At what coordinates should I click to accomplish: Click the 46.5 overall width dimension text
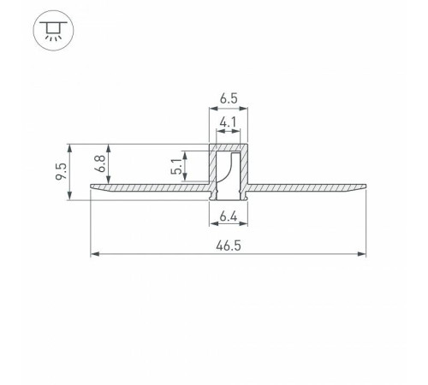click(x=229, y=246)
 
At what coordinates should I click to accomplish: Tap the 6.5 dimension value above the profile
click(x=229, y=98)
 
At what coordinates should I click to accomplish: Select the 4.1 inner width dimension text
click(x=229, y=122)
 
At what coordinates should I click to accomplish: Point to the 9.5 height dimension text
click(x=61, y=171)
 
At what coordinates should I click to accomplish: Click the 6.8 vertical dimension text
click(x=100, y=163)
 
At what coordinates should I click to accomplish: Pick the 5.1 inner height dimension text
click(x=176, y=166)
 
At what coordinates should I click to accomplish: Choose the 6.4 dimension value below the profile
click(x=229, y=217)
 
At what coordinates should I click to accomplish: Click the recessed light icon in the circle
click(x=53, y=30)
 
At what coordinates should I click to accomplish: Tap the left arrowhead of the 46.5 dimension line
click(x=95, y=254)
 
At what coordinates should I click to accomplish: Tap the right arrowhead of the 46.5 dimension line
click(x=361, y=254)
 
